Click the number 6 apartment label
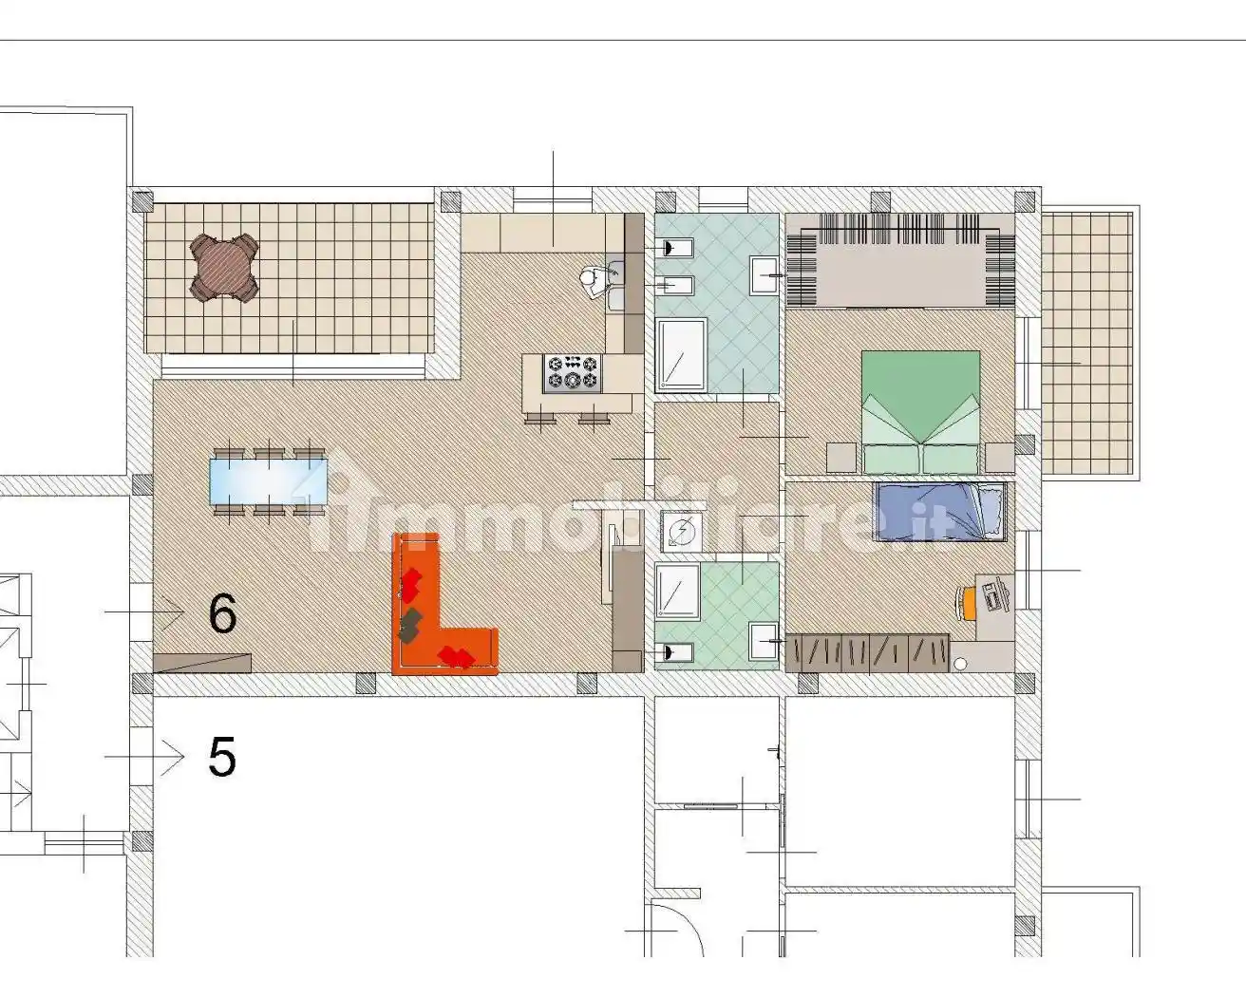(222, 613)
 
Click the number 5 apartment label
(222, 757)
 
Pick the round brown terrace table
(224, 267)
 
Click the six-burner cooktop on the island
(572, 372)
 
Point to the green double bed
(920, 413)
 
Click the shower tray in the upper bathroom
(681, 355)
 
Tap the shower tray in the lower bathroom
(677, 592)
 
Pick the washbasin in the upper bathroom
(764, 274)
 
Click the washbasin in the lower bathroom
(764, 641)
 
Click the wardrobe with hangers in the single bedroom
(867, 653)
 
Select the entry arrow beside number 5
(144, 757)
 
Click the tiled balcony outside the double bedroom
(1086, 343)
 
